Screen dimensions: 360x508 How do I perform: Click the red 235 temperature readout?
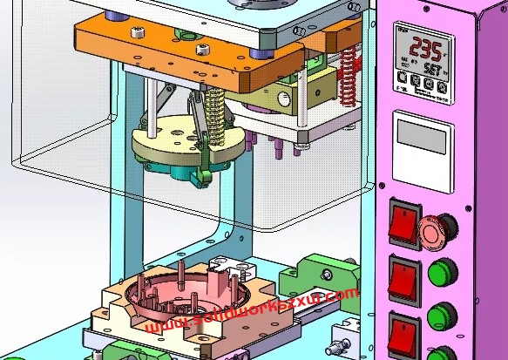pyautogui.click(x=426, y=47)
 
